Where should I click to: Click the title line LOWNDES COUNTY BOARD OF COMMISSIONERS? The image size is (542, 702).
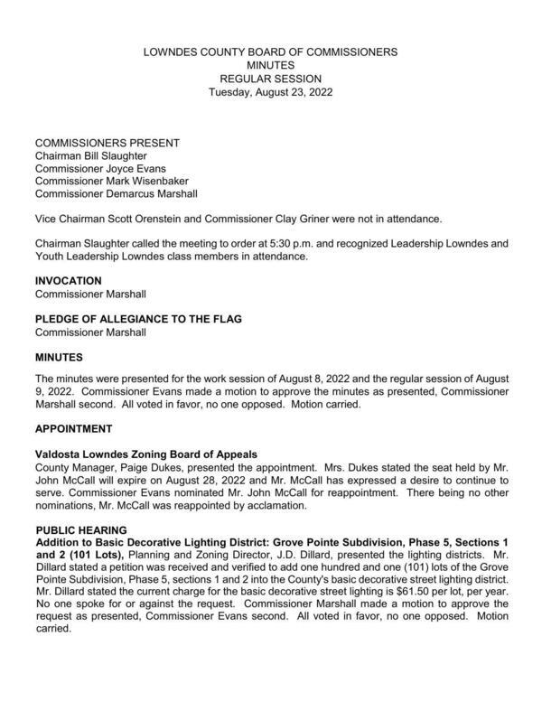(270, 53)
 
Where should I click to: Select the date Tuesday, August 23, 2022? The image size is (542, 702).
(270, 91)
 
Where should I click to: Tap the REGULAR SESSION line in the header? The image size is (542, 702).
(270, 79)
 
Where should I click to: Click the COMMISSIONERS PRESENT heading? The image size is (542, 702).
(107, 143)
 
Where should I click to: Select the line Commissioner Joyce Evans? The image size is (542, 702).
(100, 168)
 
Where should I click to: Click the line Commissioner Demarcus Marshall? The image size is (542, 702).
(116, 193)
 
